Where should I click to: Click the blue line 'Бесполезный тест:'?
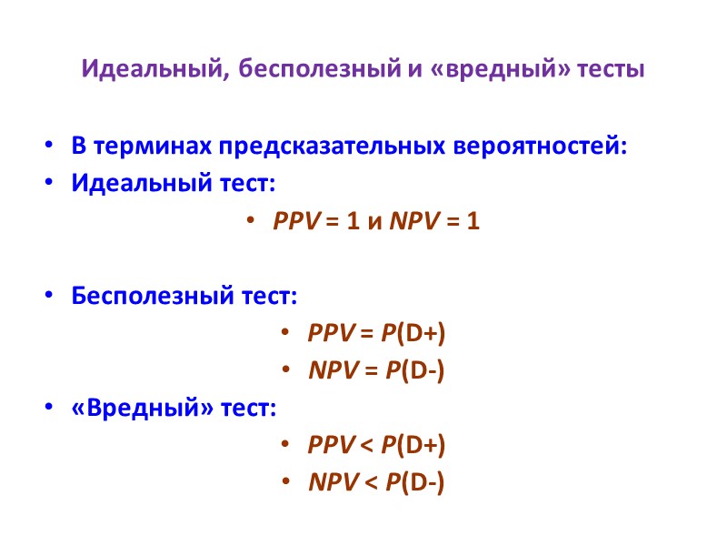click(x=184, y=297)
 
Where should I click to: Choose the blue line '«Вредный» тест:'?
click(x=173, y=408)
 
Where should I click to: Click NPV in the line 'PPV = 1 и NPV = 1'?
click(x=409, y=222)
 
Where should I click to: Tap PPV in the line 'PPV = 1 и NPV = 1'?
click(x=293, y=222)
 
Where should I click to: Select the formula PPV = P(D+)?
click(x=376, y=334)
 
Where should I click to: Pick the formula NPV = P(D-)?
click(x=376, y=370)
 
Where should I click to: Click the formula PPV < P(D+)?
click(x=376, y=445)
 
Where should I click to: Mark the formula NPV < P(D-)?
click(x=376, y=482)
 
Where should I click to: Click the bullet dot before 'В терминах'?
click(x=48, y=147)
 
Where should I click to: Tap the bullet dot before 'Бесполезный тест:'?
click(x=48, y=298)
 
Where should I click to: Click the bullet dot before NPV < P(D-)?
click(x=285, y=483)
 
